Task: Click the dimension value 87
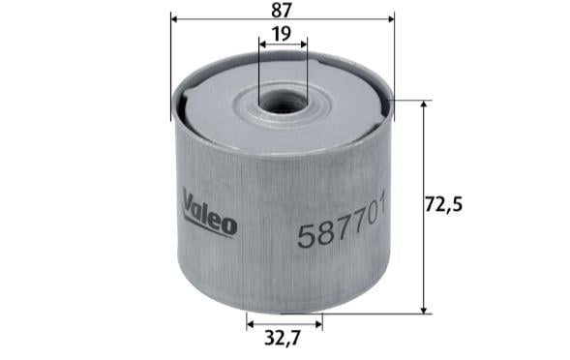click(282, 10)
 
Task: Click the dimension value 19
click(282, 34)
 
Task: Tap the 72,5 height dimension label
click(443, 205)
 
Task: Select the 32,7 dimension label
click(283, 338)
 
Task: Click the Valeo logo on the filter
click(210, 213)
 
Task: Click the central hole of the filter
click(283, 103)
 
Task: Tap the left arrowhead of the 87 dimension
click(174, 19)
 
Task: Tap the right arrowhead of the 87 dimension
click(391, 19)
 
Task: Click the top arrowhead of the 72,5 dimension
click(424, 105)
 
